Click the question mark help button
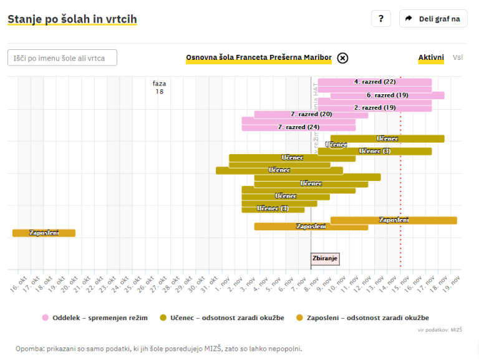[x=380, y=19]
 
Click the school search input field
[x=62, y=58]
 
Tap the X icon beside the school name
[x=342, y=58]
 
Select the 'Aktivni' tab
[x=431, y=57]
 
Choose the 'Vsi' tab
[x=458, y=57]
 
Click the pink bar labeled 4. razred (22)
[x=374, y=82]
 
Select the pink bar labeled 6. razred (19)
[x=387, y=95]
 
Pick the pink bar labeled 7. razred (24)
[x=298, y=127]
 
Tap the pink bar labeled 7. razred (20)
[x=311, y=114]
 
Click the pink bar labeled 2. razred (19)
[x=374, y=107]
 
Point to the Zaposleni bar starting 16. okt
[x=44, y=233]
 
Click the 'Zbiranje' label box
[x=326, y=258]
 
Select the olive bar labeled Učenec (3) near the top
[x=374, y=151]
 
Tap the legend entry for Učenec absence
[x=222, y=318]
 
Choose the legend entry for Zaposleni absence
[x=362, y=318]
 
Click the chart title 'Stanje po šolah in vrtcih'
[x=72, y=19]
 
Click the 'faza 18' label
[x=160, y=87]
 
